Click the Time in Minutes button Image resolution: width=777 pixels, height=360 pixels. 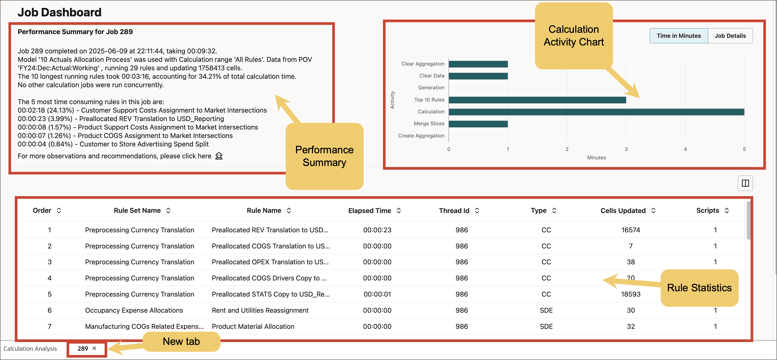678,36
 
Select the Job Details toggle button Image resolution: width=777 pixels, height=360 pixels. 730,36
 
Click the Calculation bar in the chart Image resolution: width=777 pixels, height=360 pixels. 596,112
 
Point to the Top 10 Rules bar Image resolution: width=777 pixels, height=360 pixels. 537,100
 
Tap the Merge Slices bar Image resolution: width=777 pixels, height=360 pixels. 478,124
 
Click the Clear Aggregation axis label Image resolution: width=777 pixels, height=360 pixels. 423,64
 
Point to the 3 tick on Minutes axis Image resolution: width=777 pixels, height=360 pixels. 626,149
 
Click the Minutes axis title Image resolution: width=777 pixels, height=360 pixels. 596,158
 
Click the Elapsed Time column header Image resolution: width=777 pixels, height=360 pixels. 369,211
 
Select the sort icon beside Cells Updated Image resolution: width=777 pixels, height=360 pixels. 653,211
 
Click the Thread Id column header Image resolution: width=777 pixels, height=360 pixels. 454,211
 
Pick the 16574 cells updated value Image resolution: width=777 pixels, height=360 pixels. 630,230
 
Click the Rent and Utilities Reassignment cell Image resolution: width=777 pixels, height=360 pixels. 260,310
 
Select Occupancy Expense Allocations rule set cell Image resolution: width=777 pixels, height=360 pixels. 134,310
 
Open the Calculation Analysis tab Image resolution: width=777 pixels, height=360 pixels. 30,349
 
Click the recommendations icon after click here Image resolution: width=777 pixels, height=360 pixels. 219,156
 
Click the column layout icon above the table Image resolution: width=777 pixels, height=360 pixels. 745,183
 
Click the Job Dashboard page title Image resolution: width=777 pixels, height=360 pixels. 59,12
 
